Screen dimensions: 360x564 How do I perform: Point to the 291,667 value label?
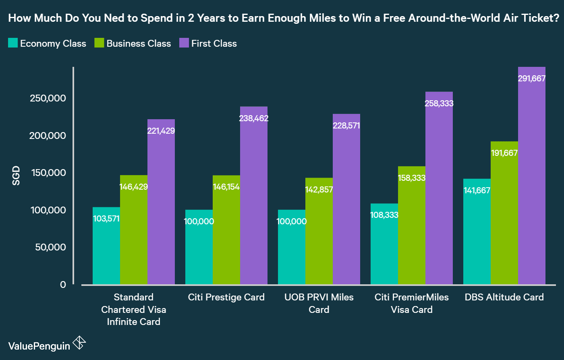click(532, 79)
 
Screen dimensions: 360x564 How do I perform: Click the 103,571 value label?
click(106, 219)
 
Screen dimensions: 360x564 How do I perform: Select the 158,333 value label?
click(412, 178)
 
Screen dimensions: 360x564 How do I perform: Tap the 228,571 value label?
click(346, 126)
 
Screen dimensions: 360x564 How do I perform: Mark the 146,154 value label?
click(226, 187)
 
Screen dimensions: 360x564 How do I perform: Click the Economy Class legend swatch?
click(13, 43)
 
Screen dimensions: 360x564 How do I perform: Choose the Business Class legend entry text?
click(139, 43)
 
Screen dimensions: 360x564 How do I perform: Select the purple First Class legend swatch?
click(184, 43)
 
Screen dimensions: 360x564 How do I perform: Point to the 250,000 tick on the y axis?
click(48, 98)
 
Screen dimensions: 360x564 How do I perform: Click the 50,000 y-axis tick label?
click(50, 247)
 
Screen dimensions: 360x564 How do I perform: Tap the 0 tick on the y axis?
click(63, 285)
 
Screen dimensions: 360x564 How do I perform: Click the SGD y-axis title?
click(16, 176)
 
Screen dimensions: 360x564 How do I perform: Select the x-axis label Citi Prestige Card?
click(226, 297)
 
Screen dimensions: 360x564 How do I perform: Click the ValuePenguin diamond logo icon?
click(79, 343)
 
